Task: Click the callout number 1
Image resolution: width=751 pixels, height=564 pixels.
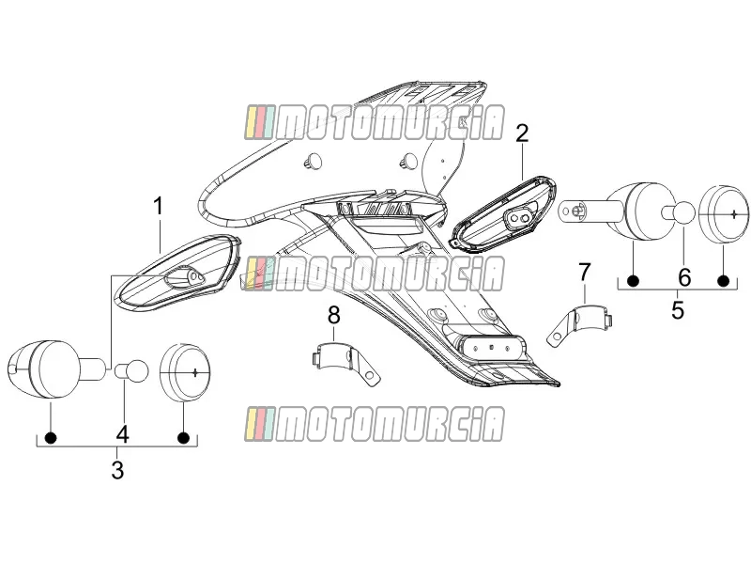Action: (x=158, y=206)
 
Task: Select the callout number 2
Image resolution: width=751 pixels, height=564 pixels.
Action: (x=522, y=133)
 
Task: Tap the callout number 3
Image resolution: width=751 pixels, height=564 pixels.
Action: (x=117, y=470)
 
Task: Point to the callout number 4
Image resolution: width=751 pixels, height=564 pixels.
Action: (x=123, y=434)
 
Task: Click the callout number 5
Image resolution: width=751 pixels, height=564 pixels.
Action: (x=677, y=310)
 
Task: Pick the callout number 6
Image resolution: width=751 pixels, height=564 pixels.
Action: (x=684, y=277)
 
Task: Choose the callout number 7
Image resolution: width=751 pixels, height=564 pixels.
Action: (x=584, y=273)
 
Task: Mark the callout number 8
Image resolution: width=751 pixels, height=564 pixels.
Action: (x=334, y=316)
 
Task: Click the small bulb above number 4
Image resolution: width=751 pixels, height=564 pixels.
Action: (x=131, y=370)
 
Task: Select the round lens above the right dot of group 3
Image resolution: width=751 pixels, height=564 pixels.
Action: (x=185, y=372)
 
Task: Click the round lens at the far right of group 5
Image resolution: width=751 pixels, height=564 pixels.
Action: (x=723, y=213)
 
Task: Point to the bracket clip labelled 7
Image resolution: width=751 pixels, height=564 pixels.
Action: (x=580, y=322)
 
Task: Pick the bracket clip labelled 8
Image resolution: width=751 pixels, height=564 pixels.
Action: (x=344, y=361)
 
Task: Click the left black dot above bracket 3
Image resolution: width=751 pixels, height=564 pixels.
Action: (x=51, y=437)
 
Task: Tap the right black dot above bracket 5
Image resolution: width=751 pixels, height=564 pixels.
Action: (x=723, y=281)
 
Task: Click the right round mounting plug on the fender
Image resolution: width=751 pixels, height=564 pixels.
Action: (x=408, y=161)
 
